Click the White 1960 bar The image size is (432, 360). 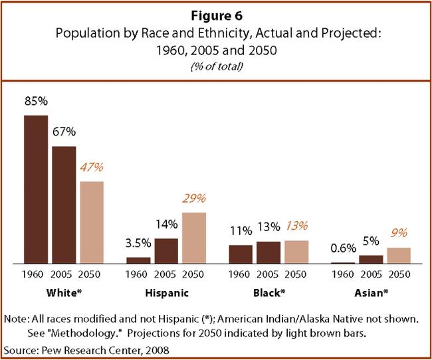(36, 189)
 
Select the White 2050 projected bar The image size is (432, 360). (91, 223)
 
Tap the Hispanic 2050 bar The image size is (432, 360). (193, 238)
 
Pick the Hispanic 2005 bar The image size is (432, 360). (165, 251)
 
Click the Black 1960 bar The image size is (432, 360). (241, 254)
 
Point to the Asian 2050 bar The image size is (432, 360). (398, 256)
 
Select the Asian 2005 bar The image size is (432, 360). (370, 260)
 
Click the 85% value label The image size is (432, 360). (35, 103)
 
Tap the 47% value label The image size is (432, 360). (92, 168)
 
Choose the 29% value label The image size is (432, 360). (194, 199)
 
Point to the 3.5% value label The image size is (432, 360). (138, 244)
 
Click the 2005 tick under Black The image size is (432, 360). (268, 274)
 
